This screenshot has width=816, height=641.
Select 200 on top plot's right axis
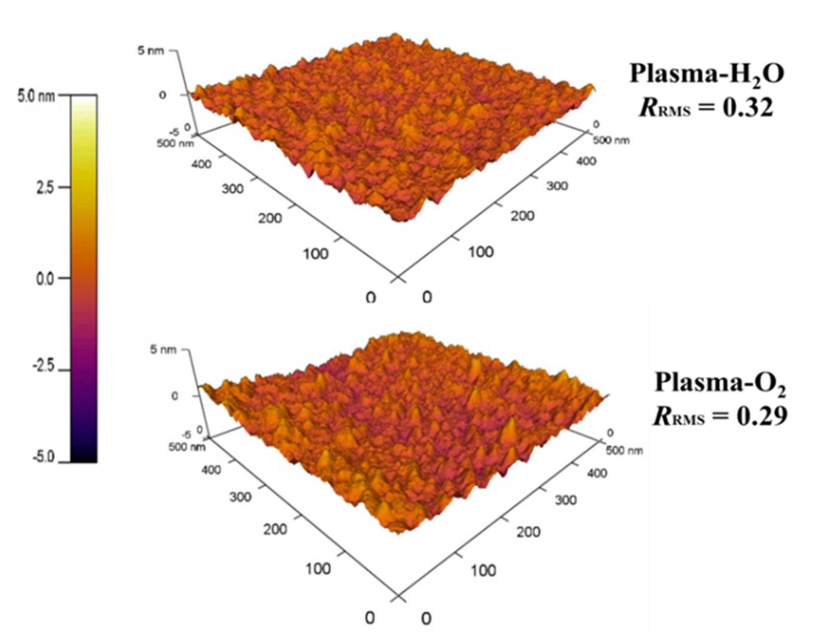522,216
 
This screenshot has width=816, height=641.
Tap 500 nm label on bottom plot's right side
624,450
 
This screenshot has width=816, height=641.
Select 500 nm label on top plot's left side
175,143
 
